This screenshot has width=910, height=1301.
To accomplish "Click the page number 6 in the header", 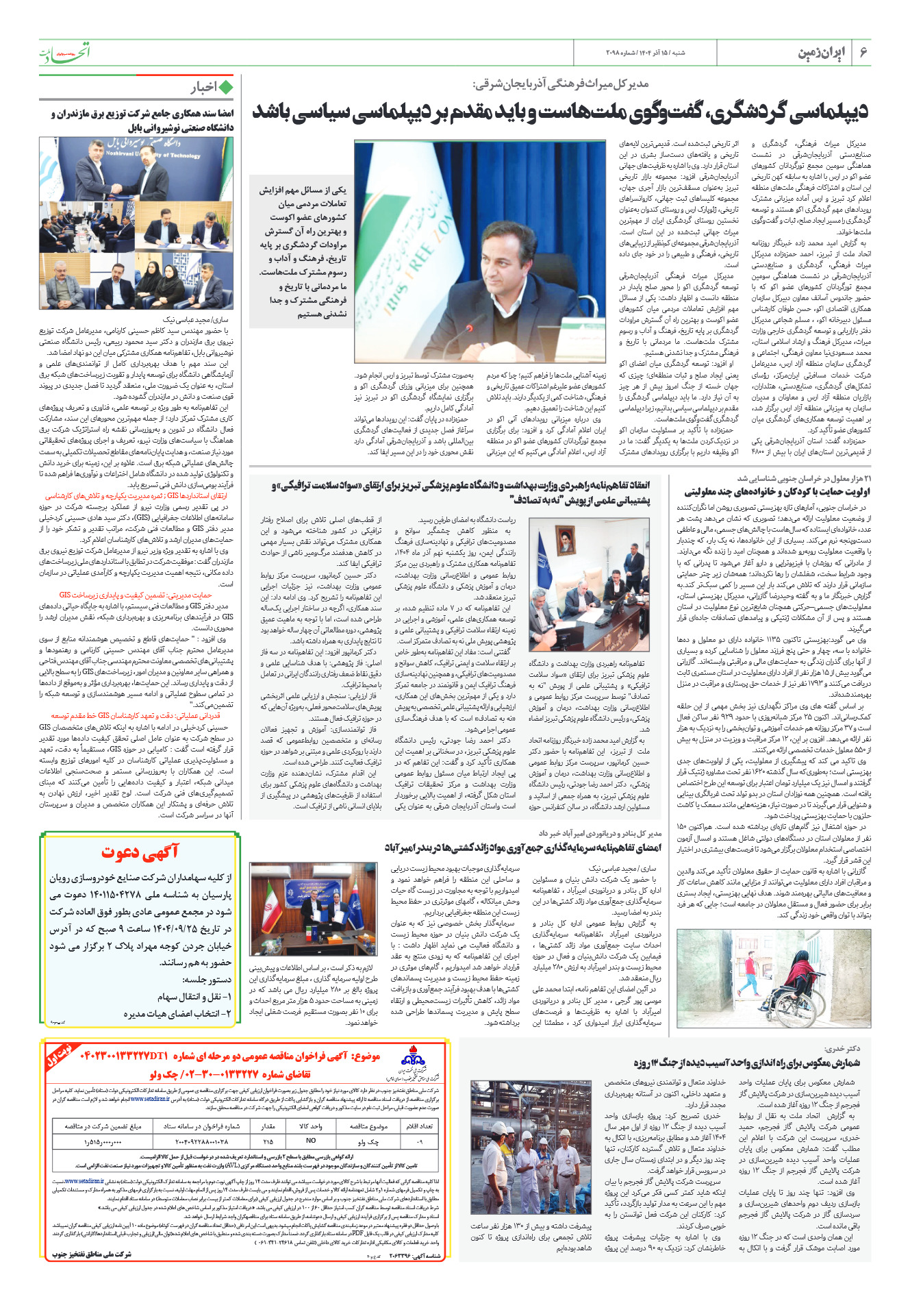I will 863,53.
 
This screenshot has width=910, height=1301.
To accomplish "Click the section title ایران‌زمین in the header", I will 822,53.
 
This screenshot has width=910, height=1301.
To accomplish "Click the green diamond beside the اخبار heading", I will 226,87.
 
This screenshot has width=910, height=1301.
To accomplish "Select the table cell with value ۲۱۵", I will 268,1141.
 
